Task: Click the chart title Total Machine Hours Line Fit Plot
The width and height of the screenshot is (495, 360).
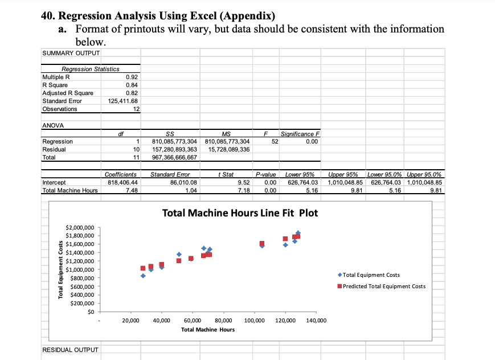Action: [x=240, y=214]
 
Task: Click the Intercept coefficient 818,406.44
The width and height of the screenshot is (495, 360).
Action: [x=121, y=182]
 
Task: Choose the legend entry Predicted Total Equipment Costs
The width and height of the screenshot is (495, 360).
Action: [x=384, y=287]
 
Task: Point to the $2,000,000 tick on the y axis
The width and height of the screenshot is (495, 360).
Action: [x=80, y=227]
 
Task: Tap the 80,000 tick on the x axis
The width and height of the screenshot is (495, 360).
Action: [x=223, y=322]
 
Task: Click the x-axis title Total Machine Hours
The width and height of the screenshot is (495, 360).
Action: [x=207, y=330]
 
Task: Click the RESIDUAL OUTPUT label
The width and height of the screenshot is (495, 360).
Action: [x=70, y=349]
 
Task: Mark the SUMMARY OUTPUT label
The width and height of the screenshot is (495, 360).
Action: [x=71, y=53]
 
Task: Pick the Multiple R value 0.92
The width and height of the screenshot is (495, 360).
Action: [x=132, y=77]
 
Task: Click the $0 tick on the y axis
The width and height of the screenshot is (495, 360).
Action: [x=90, y=311]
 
